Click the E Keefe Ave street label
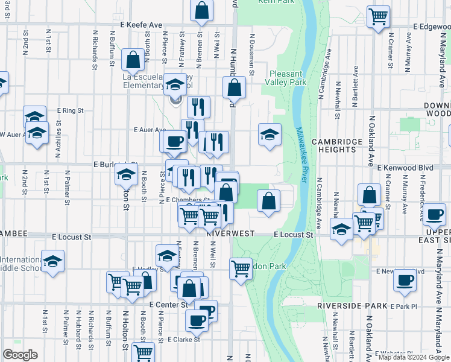point(142,25)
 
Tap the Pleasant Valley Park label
point(285,78)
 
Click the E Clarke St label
point(184,340)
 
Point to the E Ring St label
point(70,111)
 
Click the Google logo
point(20,354)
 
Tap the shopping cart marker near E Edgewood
point(378,16)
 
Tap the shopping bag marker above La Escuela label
point(133,60)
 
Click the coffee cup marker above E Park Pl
point(405,279)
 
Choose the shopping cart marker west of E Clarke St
point(143,352)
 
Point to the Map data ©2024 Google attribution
point(414,357)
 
